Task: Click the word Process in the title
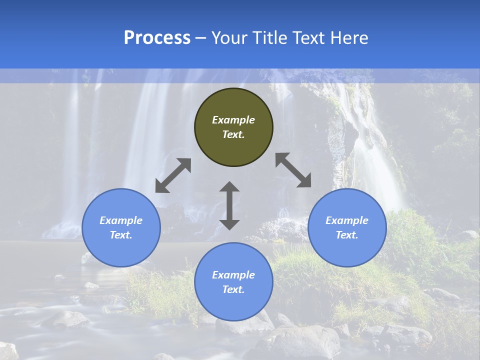157,38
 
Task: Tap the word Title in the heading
272,38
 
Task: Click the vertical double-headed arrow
229,205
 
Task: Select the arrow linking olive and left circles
173,175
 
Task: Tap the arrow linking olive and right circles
293,170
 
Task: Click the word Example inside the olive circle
233,120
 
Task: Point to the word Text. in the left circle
121,235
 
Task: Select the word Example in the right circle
347,220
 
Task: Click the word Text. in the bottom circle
233,289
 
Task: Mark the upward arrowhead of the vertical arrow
229,187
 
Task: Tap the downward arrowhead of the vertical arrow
229,223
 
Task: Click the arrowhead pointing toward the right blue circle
305,181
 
